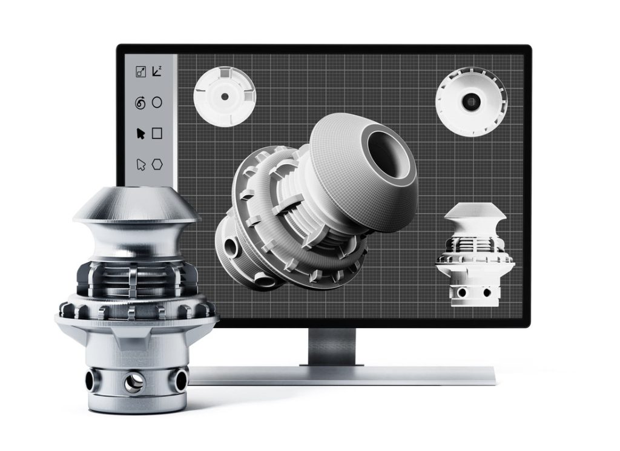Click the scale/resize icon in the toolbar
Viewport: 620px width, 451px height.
(140, 72)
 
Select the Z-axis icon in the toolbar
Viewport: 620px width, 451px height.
(157, 71)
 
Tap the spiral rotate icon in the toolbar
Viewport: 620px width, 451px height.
(140, 103)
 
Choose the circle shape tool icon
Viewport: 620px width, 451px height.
(157, 102)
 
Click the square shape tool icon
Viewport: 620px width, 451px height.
(157, 133)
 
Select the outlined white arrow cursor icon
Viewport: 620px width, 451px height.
(140, 164)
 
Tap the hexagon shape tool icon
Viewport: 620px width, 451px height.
(157, 164)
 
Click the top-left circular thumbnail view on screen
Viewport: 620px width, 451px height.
(225, 96)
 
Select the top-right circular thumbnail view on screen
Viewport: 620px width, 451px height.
(470, 102)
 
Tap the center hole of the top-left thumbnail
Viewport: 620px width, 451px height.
(225, 96)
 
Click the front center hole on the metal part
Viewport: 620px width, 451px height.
(133, 381)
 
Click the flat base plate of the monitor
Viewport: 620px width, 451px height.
(345, 375)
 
